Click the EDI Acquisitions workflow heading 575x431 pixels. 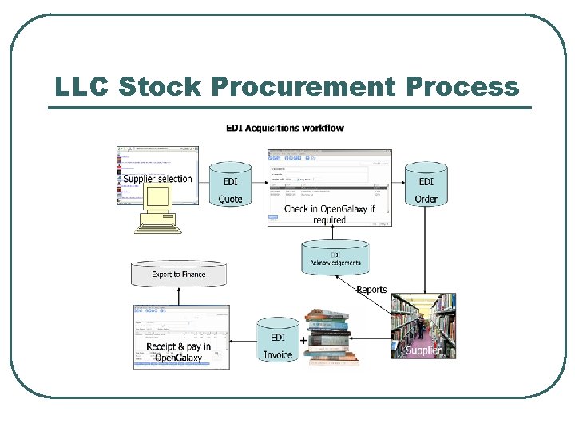pyautogui.click(x=284, y=128)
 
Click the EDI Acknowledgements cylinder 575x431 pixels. pyautogui.click(x=335, y=256)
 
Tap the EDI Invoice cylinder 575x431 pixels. pyautogui.click(x=277, y=342)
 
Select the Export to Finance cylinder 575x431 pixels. pyautogui.click(x=179, y=273)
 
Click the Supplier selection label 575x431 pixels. pyautogui.click(x=158, y=179)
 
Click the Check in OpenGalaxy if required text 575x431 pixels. pyautogui.click(x=329, y=214)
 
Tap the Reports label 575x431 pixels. pyautogui.click(x=371, y=289)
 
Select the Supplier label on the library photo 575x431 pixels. pyautogui.click(x=423, y=350)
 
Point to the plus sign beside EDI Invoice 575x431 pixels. pyautogui.click(x=303, y=340)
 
